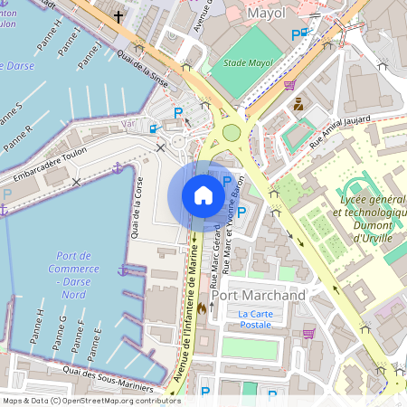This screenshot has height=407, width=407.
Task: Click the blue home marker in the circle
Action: click(203, 195)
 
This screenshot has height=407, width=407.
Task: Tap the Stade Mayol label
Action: click(247, 63)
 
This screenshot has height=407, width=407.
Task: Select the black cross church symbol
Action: click(118, 16)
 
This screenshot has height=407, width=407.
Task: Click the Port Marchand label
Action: click(258, 296)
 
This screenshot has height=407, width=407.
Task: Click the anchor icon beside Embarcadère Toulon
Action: click(117, 168)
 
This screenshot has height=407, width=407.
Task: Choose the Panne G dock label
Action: click(60, 332)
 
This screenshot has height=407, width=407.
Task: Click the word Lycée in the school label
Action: click(355, 198)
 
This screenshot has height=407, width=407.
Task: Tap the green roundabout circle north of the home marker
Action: click(232, 133)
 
